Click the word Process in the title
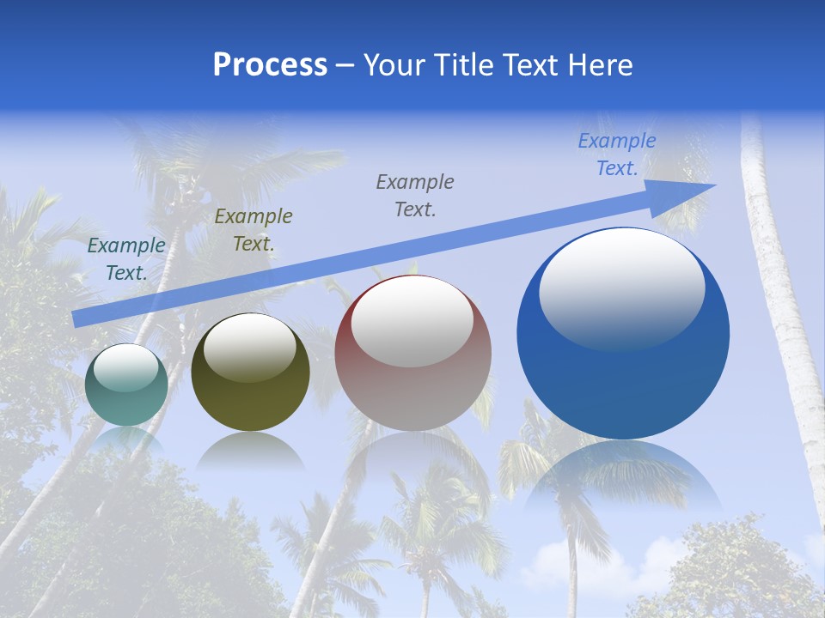(270, 65)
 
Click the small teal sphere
(126, 385)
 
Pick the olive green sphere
(250, 373)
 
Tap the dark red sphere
(412, 354)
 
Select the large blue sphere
(623, 334)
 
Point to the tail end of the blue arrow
(79, 318)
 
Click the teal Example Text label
(126, 259)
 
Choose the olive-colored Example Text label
(254, 230)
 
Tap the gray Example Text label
(415, 196)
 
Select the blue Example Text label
(616, 154)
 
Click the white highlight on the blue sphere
(621, 288)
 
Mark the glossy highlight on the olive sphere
(250, 347)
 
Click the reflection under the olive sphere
(250, 450)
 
